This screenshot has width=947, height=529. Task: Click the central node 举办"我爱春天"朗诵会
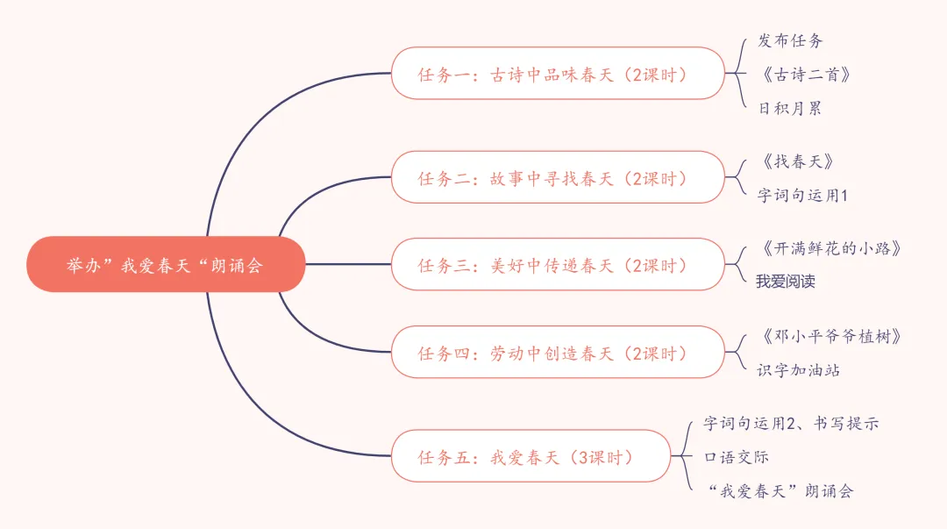point(165,265)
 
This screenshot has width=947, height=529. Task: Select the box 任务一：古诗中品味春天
point(558,74)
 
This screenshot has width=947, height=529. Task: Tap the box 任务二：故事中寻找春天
point(558,178)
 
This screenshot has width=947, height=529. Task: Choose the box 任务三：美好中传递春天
point(558,265)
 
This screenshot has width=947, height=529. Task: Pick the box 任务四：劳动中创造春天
point(558,353)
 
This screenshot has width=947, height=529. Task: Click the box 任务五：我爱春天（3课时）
point(530,456)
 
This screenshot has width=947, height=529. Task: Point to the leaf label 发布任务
point(790,40)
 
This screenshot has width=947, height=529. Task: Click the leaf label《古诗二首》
point(805,75)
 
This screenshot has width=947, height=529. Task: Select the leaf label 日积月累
point(790,109)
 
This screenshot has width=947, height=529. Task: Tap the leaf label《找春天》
point(795,161)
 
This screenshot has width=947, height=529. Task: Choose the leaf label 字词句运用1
point(802,196)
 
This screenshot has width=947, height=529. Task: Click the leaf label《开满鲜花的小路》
point(829,248)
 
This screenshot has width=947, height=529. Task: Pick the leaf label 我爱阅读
point(787,282)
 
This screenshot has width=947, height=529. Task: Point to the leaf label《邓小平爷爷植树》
point(829,336)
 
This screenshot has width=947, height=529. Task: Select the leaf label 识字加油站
point(799,370)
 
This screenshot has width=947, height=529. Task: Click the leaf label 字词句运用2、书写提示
point(791,423)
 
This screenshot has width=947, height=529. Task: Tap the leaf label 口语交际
point(737,457)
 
